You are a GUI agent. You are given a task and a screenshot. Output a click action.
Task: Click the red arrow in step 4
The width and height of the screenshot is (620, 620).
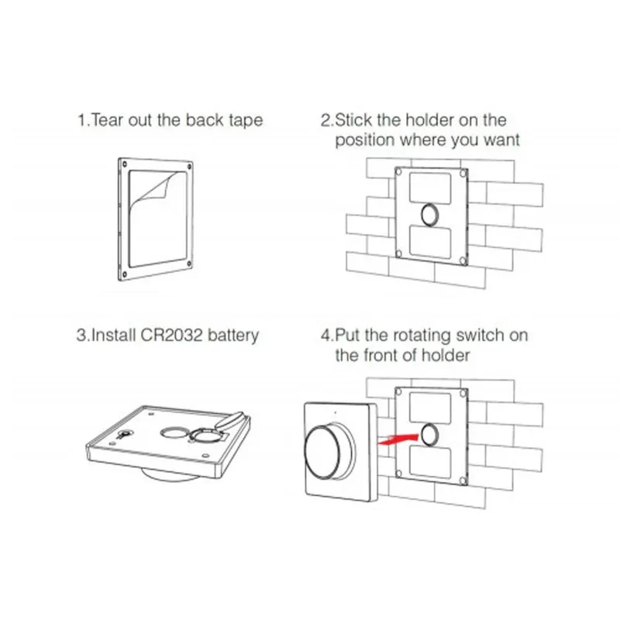click(x=398, y=439)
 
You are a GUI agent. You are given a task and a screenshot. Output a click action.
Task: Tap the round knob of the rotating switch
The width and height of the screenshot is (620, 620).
click(x=322, y=453)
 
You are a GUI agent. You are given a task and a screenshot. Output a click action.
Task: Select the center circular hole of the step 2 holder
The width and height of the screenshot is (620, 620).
click(x=430, y=215)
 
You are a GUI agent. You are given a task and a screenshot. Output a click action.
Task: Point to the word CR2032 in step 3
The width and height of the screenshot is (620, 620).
click(x=171, y=335)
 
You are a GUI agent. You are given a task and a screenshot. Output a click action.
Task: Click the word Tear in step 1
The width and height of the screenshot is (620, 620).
click(x=107, y=120)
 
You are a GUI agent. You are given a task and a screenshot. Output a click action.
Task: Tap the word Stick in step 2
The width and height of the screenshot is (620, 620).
click(x=353, y=120)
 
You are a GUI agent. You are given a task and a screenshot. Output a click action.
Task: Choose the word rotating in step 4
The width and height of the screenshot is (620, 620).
click(x=422, y=336)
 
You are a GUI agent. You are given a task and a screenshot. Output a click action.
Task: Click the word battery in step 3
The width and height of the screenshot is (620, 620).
click(x=233, y=336)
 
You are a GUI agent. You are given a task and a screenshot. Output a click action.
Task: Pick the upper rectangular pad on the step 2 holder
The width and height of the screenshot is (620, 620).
click(x=430, y=188)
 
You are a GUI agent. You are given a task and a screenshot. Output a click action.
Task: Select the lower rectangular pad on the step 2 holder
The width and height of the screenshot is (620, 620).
click(x=430, y=243)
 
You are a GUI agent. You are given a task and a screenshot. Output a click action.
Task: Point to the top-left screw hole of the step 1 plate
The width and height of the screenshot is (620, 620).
click(x=125, y=164)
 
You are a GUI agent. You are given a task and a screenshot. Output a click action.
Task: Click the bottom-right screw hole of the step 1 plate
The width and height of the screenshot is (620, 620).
click(x=189, y=263)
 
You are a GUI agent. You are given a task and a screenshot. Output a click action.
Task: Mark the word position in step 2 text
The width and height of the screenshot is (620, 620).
click(x=365, y=140)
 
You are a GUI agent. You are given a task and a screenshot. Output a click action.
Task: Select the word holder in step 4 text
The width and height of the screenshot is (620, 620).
click(x=446, y=355)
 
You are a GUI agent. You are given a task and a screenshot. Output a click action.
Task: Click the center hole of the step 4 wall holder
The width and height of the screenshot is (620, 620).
click(x=430, y=435)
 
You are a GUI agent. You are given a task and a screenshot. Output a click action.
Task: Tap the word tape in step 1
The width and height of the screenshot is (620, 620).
click(x=246, y=121)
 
